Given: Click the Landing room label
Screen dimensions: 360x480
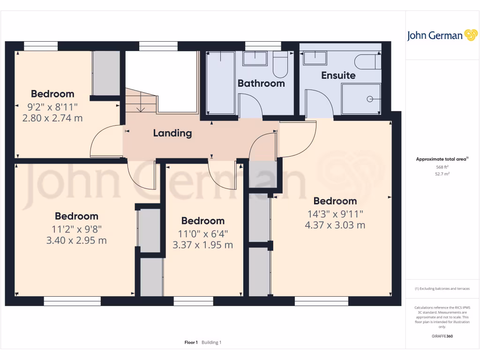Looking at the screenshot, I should click(x=172, y=133).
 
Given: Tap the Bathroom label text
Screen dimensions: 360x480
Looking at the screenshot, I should click(x=261, y=83).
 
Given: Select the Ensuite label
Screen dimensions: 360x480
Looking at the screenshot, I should click(x=338, y=75).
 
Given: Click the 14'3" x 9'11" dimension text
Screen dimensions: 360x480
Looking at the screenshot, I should click(x=335, y=214).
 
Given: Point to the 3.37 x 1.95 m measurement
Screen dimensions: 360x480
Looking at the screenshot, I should click(x=203, y=245).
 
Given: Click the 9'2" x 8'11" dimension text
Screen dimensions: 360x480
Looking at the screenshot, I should click(x=52, y=107).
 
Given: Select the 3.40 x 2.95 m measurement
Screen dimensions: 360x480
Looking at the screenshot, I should click(x=76, y=240).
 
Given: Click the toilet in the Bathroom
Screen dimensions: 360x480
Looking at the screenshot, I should click(x=280, y=66).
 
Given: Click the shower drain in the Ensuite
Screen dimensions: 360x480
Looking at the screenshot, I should click(x=370, y=99).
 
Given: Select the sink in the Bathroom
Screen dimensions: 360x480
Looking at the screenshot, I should click(x=254, y=58).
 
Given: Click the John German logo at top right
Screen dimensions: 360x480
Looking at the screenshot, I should click(x=442, y=35).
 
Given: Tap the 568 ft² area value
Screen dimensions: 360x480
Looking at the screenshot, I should click(x=442, y=167).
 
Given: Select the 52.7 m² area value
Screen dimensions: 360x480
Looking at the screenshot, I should click(x=442, y=174).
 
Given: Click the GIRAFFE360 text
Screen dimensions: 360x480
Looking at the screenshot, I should click(x=442, y=336).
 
